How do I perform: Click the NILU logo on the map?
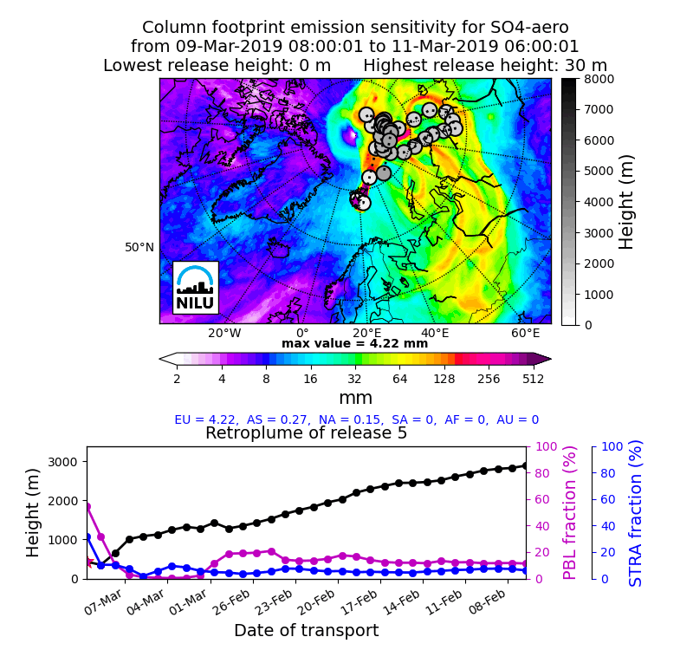(x=195, y=287)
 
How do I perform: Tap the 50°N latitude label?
(x=139, y=248)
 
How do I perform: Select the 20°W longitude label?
(x=224, y=334)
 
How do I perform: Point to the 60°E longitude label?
(x=525, y=334)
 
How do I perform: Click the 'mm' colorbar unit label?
(x=355, y=398)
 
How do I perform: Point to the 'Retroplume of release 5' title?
(x=306, y=433)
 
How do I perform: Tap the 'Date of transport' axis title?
(x=306, y=631)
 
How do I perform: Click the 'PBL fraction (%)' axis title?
(x=569, y=512)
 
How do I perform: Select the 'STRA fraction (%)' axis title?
(x=636, y=512)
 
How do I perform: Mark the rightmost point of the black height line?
(x=524, y=465)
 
